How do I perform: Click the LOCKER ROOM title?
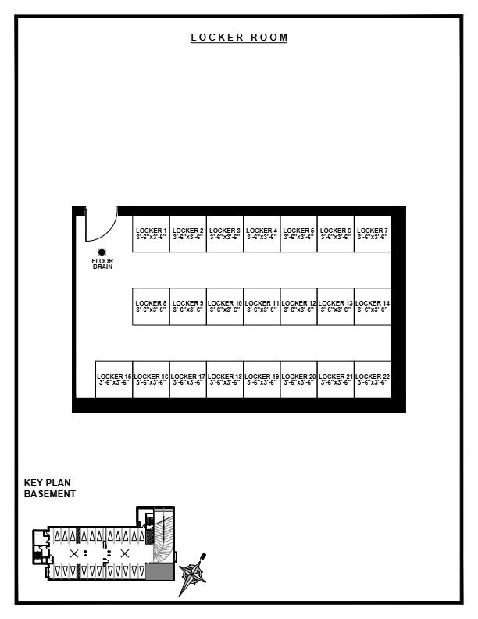[x=239, y=38]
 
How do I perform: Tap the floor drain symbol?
[x=102, y=252]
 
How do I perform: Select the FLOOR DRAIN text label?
[x=102, y=263]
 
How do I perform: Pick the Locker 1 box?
[x=152, y=233]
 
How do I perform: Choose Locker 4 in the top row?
[x=262, y=233]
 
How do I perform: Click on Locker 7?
[x=373, y=233]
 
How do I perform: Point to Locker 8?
[x=152, y=306]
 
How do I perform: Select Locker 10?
[x=225, y=306]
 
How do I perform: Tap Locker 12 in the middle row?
[x=299, y=306]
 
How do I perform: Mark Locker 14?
[x=373, y=306]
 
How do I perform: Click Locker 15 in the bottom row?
[x=114, y=379]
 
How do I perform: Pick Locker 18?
[x=225, y=379]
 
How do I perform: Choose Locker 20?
[x=299, y=379]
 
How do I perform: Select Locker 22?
[x=373, y=379]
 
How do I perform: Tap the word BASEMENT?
[x=50, y=494]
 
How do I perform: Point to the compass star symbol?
[x=192, y=574]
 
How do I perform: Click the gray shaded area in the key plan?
[x=159, y=572]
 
